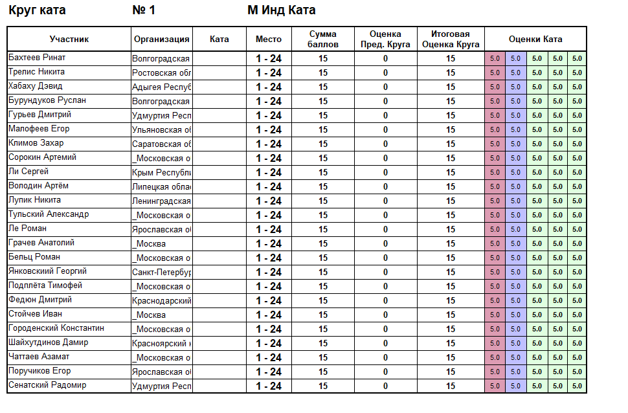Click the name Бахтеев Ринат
[37, 58]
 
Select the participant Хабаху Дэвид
[36, 86]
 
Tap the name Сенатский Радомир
[47, 385]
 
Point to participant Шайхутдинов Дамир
[49, 342]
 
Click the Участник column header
[69, 39]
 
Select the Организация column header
[162, 39]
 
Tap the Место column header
[269, 39]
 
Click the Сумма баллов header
[323, 39]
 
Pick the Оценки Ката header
[535, 39]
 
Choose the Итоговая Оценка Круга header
[451, 39]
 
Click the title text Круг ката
[37, 10]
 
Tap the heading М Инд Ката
[282, 10]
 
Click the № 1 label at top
[144, 10]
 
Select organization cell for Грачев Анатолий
[162, 243]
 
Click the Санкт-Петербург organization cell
[162, 272]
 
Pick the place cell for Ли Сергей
[269, 172]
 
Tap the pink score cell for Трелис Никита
[495, 73]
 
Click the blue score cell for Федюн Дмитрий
[516, 300]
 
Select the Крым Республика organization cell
[162, 172]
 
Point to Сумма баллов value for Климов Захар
[323, 144]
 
